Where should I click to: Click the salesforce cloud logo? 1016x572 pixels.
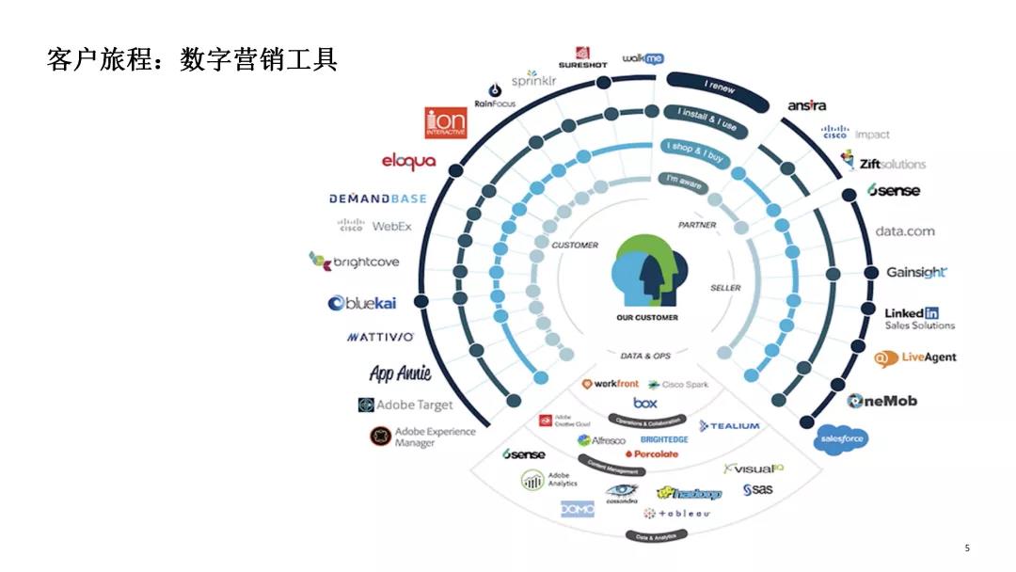click(x=840, y=438)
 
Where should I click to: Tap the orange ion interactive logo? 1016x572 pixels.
click(x=445, y=123)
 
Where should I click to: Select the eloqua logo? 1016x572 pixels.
click(x=408, y=162)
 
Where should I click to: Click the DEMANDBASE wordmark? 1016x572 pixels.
click(x=377, y=199)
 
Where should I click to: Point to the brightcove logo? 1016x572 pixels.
click(x=355, y=262)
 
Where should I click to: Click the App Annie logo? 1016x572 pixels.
click(x=400, y=373)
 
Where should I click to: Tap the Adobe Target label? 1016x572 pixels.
click(x=405, y=405)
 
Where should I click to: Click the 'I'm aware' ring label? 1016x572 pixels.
click(x=684, y=182)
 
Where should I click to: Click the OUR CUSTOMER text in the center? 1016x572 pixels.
click(x=646, y=318)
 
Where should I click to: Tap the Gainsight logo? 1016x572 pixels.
click(x=916, y=273)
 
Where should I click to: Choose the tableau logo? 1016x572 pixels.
click(x=676, y=514)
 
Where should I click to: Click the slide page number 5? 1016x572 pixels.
click(x=967, y=548)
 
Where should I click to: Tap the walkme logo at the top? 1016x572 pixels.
click(x=643, y=58)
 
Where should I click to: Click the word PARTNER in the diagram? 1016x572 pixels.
click(x=697, y=225)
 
